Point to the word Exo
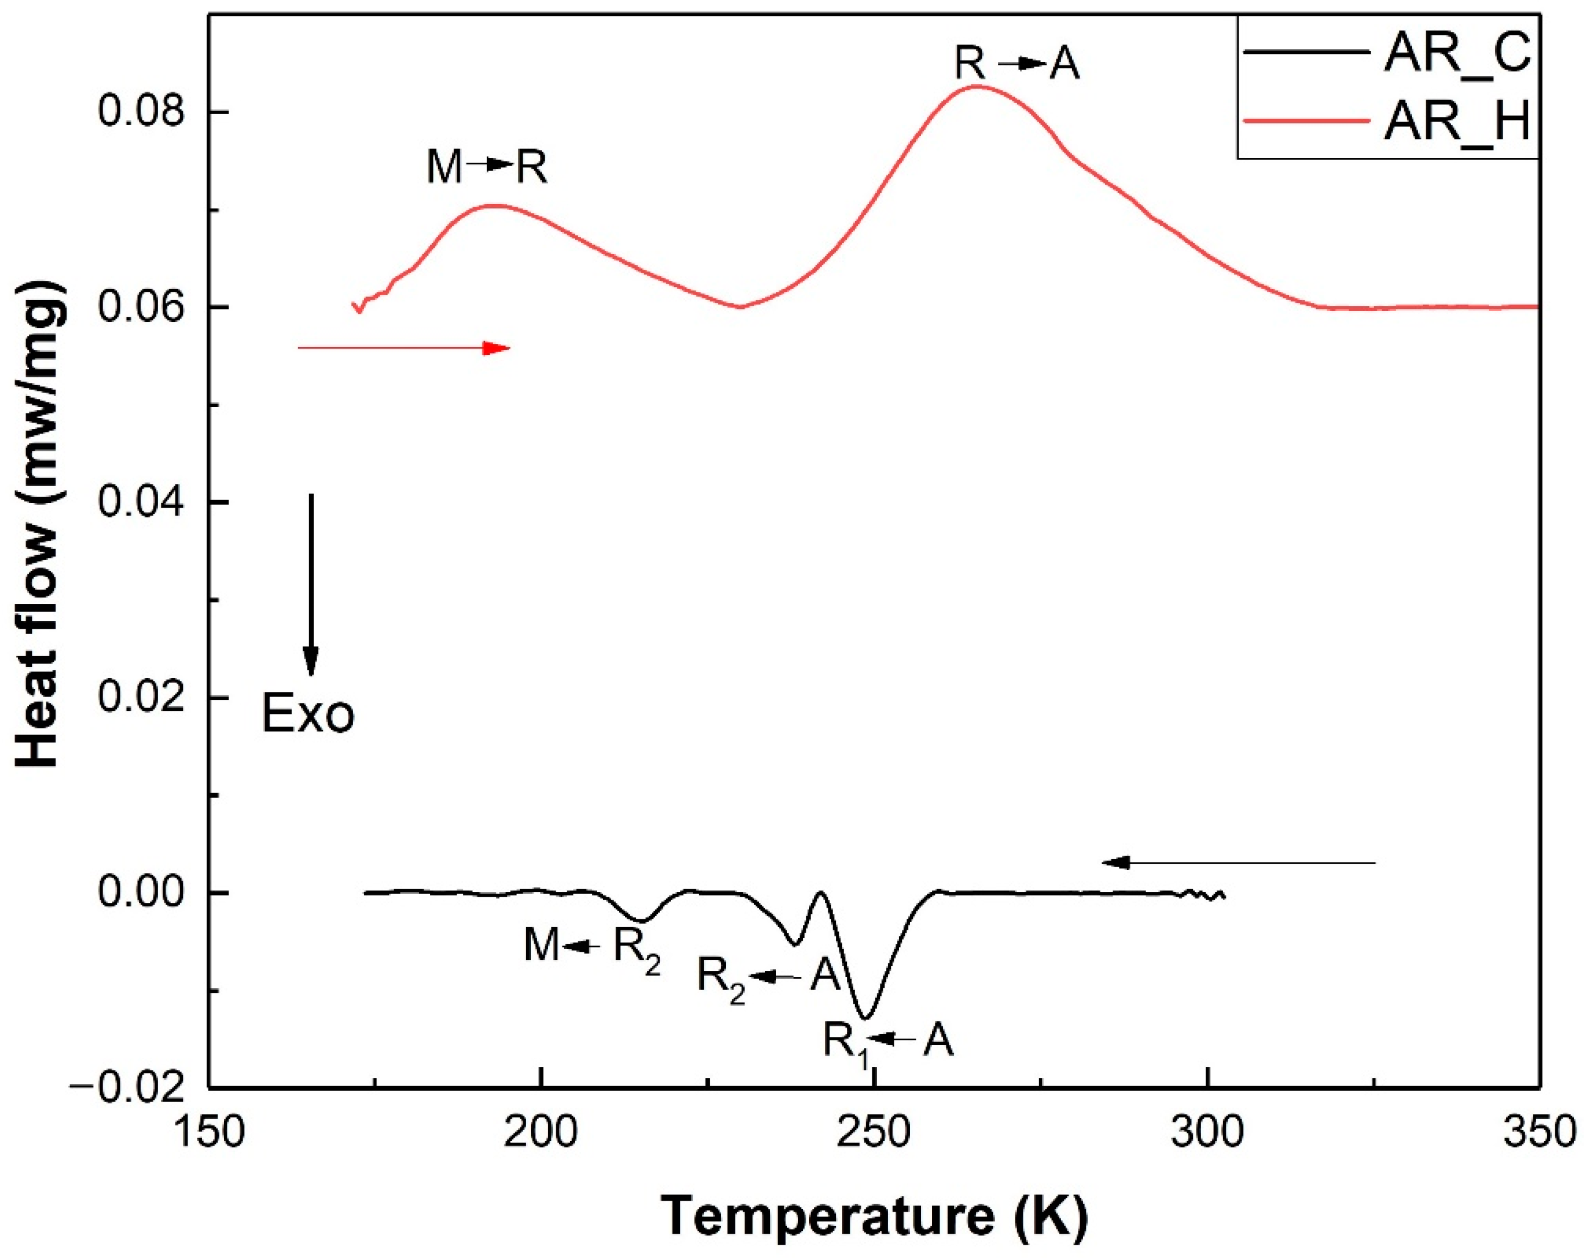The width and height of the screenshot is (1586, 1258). pos(308,714)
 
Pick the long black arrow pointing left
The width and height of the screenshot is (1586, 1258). pos(1238,862)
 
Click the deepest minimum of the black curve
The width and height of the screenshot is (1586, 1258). pos(866,1018)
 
